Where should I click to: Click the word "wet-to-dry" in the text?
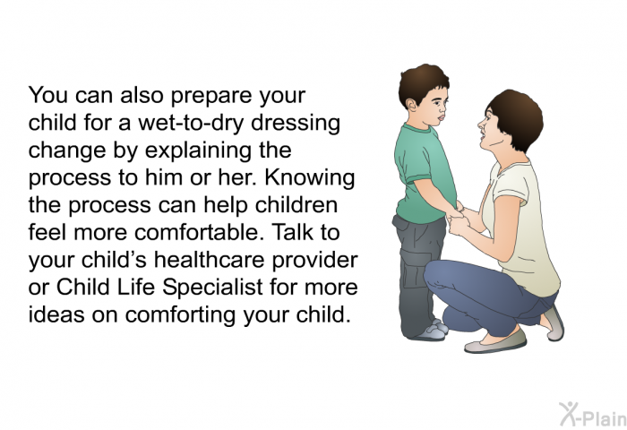click(191, 124)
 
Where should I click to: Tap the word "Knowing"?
click(310, 177)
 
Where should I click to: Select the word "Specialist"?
click(213, 287)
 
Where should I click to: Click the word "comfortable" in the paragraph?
click(196, 232)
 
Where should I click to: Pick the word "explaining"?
click(198, 150)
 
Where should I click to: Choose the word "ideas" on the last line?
click(56, 314)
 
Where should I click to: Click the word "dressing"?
click(296, 124)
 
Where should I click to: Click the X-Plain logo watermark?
click(593, 414)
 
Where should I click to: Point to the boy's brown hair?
click(422, 82)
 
